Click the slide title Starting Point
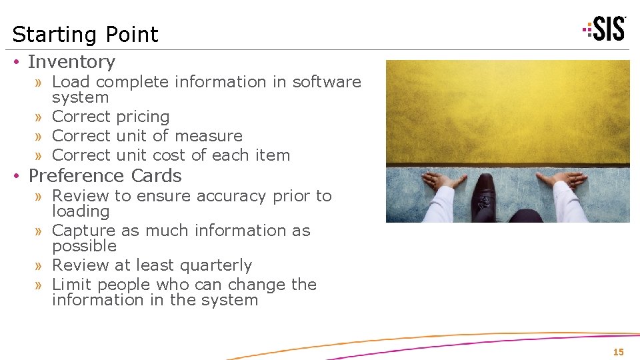(x=85, y=34)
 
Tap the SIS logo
(x=605, y=29)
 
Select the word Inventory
(x=71, y=62)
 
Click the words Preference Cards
(x=105, y=176)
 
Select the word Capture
(x=83, y=231)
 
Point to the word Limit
(x=72, y=285)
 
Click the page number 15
(x=618, y=352)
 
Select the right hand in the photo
(x=564, y=181)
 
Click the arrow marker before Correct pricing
(x=39, y=117)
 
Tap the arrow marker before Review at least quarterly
(x=39, y=266)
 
